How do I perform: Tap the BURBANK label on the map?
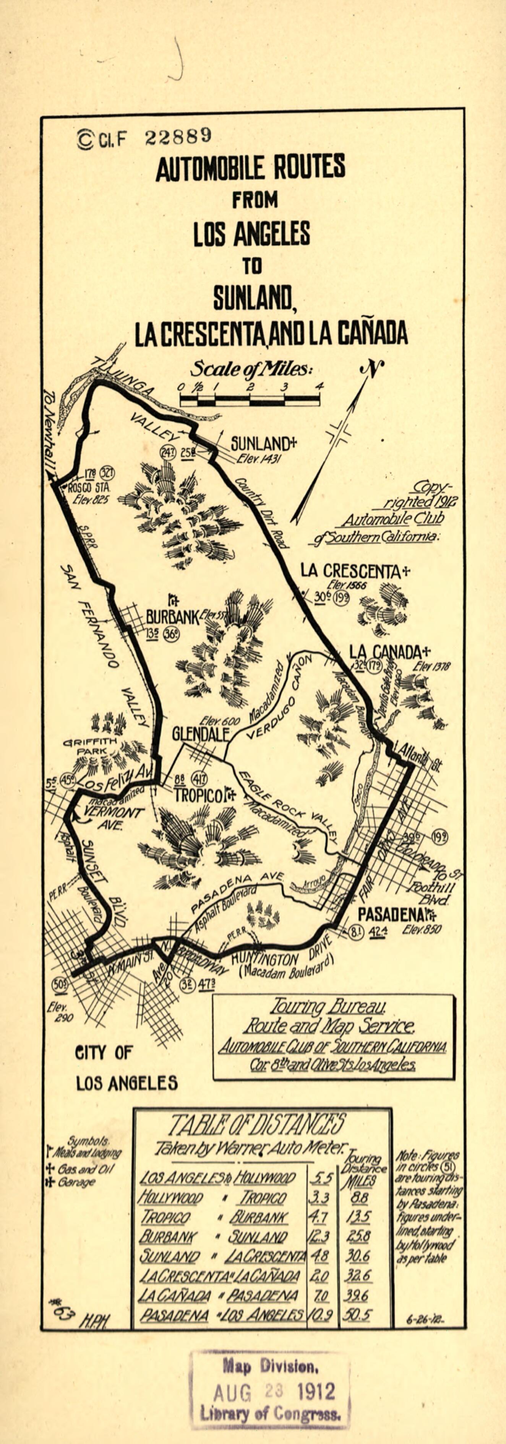(172, 617)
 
